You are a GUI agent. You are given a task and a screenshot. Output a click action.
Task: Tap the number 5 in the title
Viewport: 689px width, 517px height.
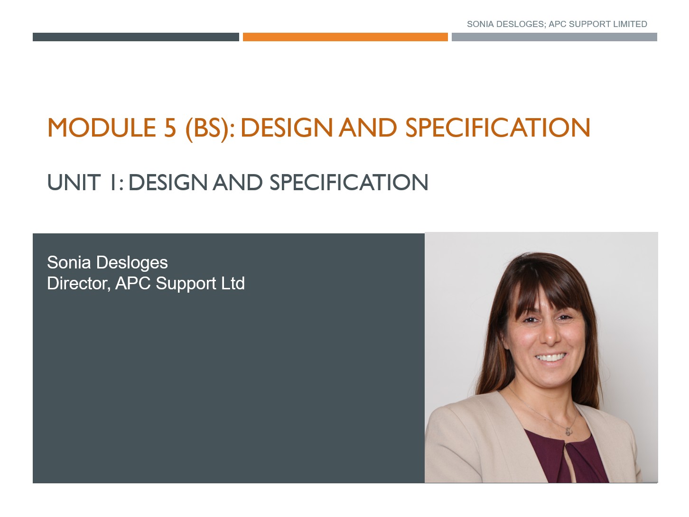(170, 128)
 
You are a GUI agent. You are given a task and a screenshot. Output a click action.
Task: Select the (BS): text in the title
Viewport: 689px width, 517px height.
(210, 128)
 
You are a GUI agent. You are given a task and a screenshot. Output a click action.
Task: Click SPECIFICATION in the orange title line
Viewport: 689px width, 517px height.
(498, 128)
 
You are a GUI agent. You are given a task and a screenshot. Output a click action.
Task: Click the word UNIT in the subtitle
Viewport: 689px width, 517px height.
(74, 183)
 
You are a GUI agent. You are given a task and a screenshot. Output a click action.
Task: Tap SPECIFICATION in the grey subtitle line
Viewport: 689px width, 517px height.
(349, 183)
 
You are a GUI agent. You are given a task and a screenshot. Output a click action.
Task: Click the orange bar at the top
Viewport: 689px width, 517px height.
(345, 37)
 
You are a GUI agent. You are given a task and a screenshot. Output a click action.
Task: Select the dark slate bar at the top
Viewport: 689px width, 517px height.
(136, 37)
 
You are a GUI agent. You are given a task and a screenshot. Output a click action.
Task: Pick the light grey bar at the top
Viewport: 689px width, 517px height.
(554, 37)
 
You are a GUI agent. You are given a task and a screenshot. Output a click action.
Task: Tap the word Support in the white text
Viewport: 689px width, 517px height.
(186, 284)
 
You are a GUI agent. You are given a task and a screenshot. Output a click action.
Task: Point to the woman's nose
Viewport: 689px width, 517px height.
(549, 336)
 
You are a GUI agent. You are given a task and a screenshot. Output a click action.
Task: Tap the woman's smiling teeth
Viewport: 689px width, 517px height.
(550, 357)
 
